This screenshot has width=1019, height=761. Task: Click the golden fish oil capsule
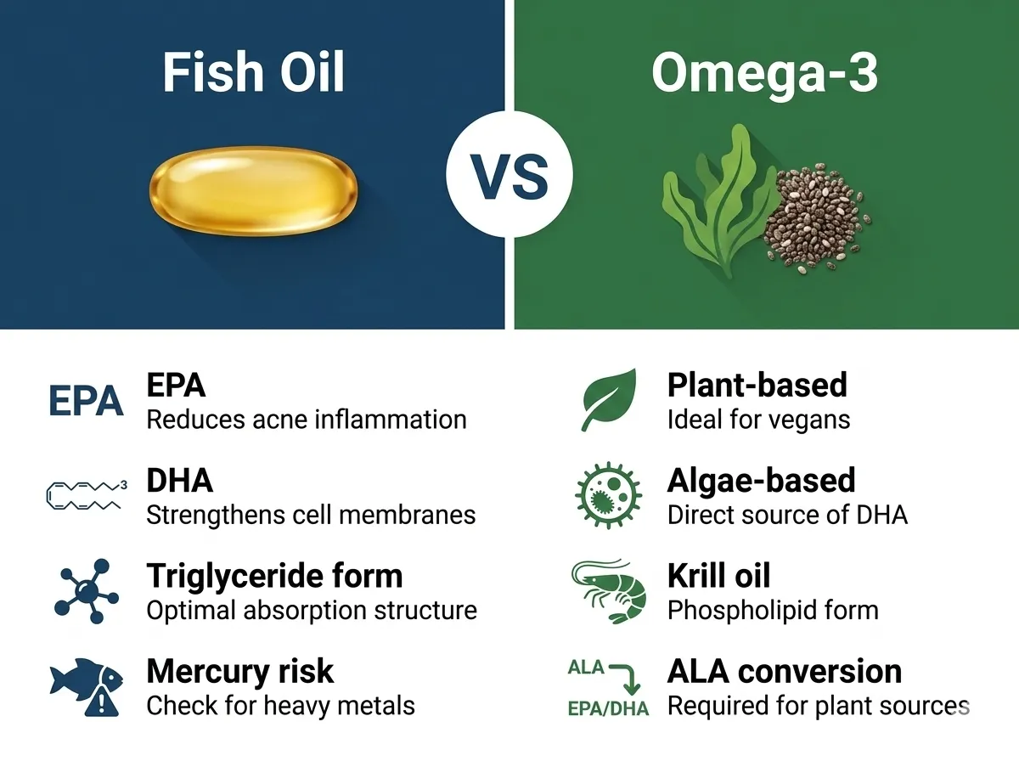(253, 191)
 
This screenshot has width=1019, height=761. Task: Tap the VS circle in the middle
(509, 174)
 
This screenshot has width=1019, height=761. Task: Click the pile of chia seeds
(817, 218)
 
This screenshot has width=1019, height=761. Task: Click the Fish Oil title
(253, 72)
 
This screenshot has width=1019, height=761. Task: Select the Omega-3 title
(764, 73)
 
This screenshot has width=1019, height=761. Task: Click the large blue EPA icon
(87, 401)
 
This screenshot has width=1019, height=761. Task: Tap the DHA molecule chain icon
(87, 495)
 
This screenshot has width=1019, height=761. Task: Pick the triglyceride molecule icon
(87, 591)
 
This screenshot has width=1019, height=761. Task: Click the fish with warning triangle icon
(87, 687)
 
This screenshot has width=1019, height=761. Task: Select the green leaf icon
(609, 400)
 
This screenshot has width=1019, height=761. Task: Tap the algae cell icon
(608, 495)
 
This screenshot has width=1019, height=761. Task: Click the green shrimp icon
(609, 590)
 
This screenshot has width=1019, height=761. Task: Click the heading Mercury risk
(240, 671)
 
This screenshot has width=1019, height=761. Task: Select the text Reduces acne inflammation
(307, 420)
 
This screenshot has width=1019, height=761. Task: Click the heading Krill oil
(718, 575)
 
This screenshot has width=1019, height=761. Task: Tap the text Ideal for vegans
(758, 420)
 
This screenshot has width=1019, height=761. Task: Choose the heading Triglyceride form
(274, 577)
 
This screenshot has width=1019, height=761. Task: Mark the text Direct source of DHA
(787, 515)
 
